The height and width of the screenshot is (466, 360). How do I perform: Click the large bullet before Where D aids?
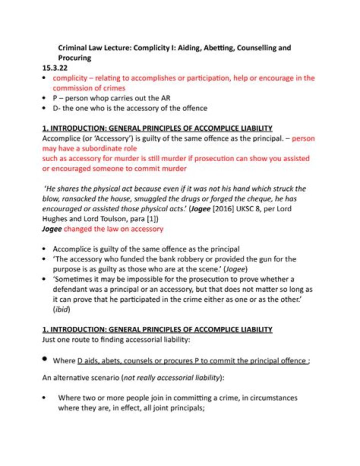pos(45,359)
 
